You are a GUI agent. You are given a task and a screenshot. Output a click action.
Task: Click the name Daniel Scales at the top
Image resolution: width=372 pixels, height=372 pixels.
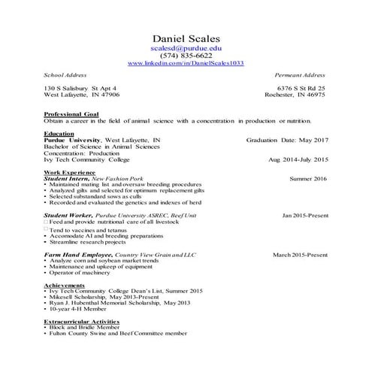186,38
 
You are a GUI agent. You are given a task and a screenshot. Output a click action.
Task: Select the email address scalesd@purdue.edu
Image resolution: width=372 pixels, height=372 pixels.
186,47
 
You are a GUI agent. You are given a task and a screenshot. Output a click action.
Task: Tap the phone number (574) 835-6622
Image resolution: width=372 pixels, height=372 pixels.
186,56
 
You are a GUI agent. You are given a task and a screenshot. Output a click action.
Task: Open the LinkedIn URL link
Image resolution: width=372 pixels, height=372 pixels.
186,64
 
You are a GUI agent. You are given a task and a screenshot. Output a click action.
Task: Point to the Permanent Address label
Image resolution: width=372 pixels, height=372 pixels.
300,76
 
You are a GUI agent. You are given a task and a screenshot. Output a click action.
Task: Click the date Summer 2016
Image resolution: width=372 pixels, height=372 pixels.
308,180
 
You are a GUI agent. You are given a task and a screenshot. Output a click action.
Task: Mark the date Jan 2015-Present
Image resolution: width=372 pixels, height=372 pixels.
304,216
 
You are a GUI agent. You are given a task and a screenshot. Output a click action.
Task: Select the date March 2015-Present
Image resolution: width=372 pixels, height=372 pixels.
300,255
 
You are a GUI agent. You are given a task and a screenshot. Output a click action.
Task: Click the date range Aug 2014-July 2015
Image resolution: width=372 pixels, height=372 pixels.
298,160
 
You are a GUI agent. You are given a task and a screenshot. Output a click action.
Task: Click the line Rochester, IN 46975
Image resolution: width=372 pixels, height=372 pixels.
295,95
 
